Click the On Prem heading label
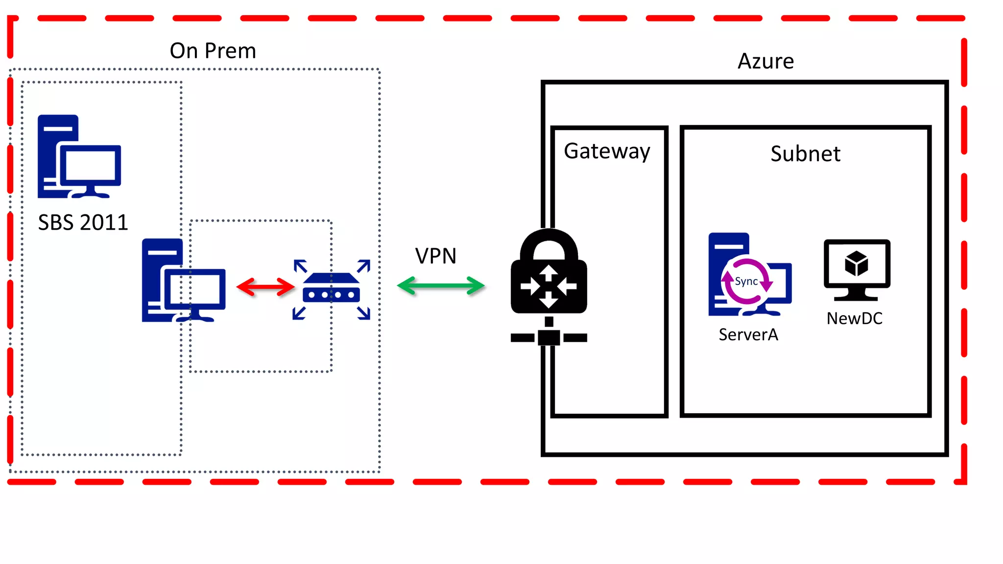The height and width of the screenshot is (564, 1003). tap(213, 51)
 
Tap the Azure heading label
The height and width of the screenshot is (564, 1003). tap(765, 61)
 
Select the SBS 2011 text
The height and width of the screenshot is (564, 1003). tap(83, 223)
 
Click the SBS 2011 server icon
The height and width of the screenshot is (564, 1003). tap(79, 157)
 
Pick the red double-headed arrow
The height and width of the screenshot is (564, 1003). tap(265, 287)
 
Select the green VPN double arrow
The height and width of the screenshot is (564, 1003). tap(440, 286)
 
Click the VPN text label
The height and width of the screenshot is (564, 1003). tap(435, 256)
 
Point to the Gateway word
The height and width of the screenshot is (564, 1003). tap(607, 151)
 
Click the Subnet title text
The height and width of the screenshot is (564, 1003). tap(805, 154)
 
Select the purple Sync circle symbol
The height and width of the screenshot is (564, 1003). tap(746, 282)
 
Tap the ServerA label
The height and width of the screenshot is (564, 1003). tap(748, 335)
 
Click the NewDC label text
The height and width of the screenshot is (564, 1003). tap(854, 319)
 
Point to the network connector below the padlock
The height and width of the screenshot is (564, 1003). tap(549, 337)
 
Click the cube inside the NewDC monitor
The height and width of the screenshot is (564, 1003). tap(856, 263)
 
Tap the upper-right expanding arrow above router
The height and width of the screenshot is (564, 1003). tap(364, 266)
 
